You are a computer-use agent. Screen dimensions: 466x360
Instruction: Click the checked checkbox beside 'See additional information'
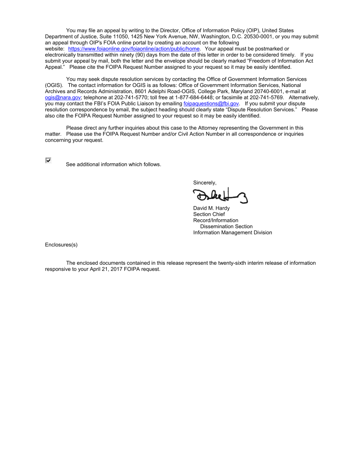tap(48, 161)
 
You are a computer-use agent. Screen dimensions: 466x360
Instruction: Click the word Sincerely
tap(205, 183)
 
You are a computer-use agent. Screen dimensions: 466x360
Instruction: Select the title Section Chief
tap(209, 214)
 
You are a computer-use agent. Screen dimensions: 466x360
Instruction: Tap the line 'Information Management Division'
tap(232, 233)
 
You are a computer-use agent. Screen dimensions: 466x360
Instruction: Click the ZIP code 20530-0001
tap(255, 36)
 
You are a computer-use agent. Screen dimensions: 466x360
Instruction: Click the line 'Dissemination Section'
tap(226, 226)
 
